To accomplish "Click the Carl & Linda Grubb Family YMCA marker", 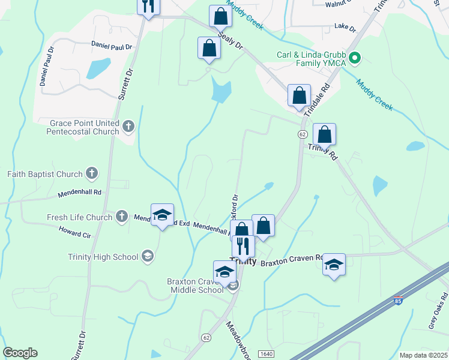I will [x=355, y=59].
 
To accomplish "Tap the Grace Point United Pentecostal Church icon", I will [x=128, y=127].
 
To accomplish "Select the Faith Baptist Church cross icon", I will [x=91, y=174].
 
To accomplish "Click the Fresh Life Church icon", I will [x=121, y=217].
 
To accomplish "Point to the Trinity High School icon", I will [x=147, y=257].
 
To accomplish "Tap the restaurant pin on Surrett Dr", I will [x=147, y=7].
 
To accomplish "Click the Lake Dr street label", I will [x=345, y=28].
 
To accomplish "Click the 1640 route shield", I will [x=267, y=355].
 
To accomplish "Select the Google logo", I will [x=20, y=353].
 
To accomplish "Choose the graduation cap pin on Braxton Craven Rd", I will [x=334, y=263].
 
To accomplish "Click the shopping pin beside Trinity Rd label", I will [x=324, y=134].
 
